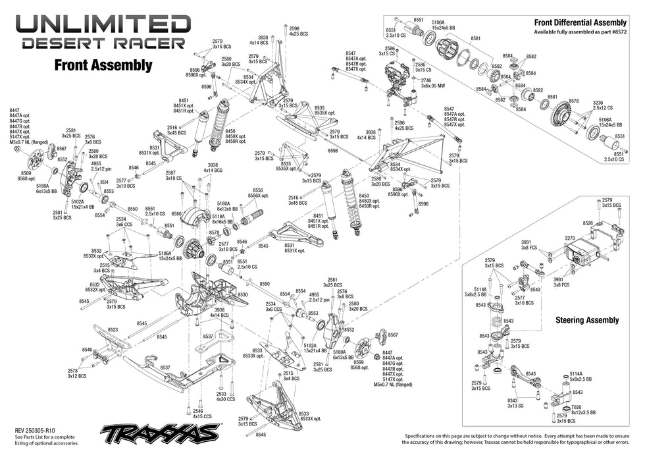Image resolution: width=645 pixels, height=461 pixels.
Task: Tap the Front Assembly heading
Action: click(103, 65)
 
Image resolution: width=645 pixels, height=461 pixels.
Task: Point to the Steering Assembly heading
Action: click(587, 320)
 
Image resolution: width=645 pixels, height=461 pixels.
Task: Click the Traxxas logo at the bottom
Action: click(160, 433)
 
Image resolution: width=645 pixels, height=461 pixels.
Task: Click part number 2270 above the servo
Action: click(571, 239)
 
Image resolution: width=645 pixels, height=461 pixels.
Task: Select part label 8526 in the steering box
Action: click(588, 223)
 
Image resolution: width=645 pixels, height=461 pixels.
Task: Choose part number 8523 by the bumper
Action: click(113, 329)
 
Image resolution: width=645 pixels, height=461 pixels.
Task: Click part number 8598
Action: click(332, 151)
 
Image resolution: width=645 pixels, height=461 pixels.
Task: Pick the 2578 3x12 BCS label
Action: click(76, 373)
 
